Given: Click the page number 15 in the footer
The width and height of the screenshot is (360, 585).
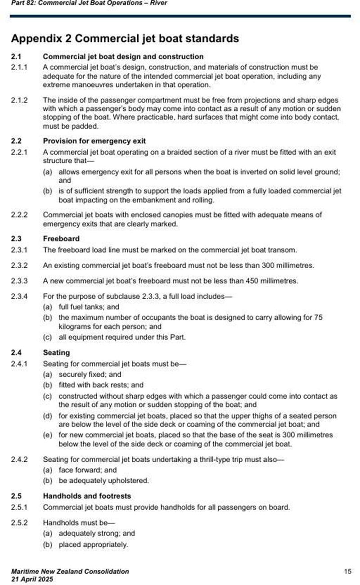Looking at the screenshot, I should pos(347,571).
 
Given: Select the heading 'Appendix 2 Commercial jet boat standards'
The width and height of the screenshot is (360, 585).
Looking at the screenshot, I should pos(125,38).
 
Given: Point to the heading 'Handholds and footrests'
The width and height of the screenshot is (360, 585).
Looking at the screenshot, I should pos(87,496).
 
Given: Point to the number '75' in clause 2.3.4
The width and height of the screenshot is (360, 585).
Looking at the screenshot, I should pos(318,317).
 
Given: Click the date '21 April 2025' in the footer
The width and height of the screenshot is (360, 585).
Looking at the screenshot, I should pos(32,579).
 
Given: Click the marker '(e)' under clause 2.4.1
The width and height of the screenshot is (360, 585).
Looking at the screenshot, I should pos(47,435).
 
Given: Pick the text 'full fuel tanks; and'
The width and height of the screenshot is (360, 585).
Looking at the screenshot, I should pos(89,307).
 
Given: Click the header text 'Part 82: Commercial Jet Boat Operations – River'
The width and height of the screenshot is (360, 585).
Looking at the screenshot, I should pos(89,3).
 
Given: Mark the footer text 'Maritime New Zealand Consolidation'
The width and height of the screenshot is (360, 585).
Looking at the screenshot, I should pos(70,571).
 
